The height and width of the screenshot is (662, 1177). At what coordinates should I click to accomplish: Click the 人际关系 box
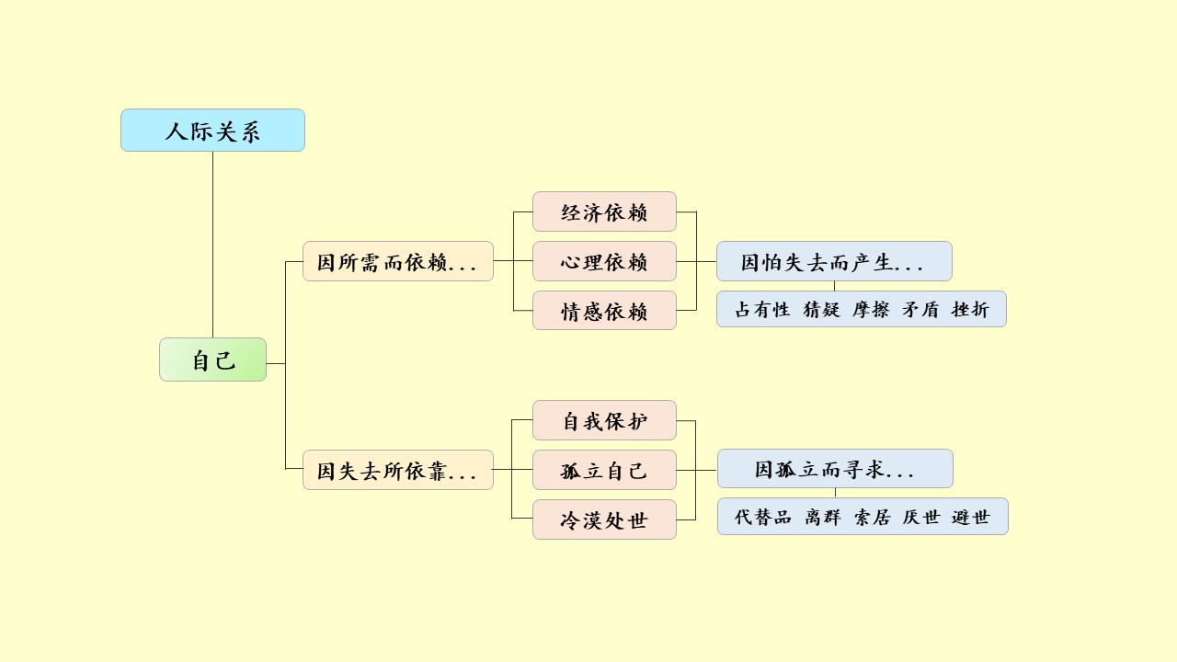click(x=212, y=131)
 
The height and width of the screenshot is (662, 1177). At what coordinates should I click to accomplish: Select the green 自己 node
click(x=212, y=360)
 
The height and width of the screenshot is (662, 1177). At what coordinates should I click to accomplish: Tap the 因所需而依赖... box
click(x=397, y=262)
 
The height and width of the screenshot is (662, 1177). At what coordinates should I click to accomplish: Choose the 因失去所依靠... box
click(x=397, y=471)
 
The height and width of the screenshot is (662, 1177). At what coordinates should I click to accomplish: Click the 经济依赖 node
click(x=604, y=211)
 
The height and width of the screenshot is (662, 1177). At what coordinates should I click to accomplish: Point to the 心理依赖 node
click(x=604, y=261)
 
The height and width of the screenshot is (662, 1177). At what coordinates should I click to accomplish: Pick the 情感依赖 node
click(x=604, y=311)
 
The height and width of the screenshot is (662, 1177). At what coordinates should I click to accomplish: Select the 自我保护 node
click(x=604, y=420)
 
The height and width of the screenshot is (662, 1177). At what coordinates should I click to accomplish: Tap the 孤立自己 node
click(x=604, y=470)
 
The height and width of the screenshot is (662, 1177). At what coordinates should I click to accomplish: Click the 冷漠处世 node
click(x=604, y=519)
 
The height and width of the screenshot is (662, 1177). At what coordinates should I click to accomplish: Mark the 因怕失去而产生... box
click(x=833, y=262)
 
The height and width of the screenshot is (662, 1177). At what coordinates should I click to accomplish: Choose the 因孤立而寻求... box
click(x=834, y=469)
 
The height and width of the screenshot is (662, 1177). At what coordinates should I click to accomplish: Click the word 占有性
click(x=762, y=310)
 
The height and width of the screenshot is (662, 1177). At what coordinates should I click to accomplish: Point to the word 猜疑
click(x=821, y=310)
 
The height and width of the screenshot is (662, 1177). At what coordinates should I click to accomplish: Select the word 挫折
click(x=970, y=310)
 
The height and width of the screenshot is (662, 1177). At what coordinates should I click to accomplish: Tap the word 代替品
click(x=762, y=517)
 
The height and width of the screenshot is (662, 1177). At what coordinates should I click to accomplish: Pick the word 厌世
click(x=921, y=517)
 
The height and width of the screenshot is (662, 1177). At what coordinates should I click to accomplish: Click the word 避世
click(x=971, y=517)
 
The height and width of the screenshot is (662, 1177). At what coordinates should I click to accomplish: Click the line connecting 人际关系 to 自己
click(x=212, y=244)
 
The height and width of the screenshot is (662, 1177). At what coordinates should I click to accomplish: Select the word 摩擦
click(x=871, y=310)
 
